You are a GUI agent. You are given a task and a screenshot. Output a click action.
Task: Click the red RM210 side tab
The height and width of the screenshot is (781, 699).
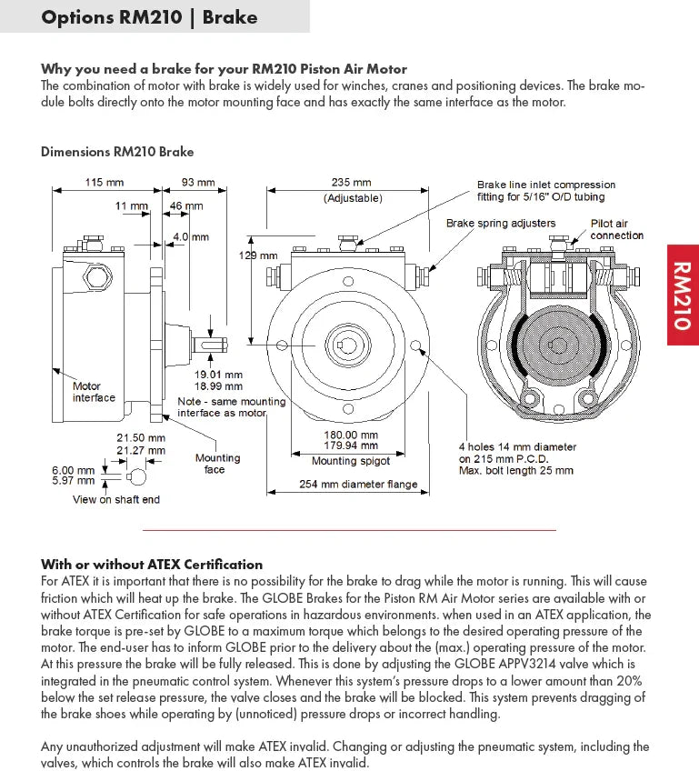click(x=683, y=295)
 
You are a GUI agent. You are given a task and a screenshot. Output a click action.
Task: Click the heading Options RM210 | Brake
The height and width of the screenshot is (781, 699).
click(x=149, y=16)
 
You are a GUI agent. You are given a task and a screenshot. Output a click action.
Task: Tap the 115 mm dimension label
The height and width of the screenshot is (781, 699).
click(x=105, y=182)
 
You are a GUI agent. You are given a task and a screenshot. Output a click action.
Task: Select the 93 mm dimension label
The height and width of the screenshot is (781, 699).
click(x=198, y=182)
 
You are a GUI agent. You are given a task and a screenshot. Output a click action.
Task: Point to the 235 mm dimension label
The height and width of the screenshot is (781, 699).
click(x=352, y=182)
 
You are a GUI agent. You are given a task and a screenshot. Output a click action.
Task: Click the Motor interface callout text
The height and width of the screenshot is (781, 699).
click(x=94, y=392)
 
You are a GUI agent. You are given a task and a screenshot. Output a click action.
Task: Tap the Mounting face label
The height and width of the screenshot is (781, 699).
click(x=217, y=464)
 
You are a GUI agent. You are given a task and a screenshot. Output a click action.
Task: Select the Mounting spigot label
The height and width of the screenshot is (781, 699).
click(x=351, y=461)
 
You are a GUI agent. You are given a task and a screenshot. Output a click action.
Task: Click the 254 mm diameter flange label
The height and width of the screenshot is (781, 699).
click(x=358, y=485)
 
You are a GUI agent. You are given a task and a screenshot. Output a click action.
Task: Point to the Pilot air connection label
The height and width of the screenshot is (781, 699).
click(x=616, y=229)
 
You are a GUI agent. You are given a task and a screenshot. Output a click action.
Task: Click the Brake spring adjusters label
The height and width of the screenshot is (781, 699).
click(x=500, y=223)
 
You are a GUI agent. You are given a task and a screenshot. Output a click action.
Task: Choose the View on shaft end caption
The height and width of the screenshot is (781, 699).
click(x=115, y=499)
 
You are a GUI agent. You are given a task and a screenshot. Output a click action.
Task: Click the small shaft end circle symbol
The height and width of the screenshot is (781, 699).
click(x=136, y=476)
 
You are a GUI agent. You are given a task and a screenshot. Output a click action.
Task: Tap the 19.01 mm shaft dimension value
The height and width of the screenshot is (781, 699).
click(x=218, y=374)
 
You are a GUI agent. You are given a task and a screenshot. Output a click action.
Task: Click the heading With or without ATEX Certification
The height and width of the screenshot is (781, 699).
click(x=152, y=564)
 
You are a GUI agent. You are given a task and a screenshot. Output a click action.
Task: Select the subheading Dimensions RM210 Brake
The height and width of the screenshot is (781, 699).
click(x=117, y=152)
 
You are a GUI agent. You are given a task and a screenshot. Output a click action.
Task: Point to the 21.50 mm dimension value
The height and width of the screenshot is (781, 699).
click(x=141, y=437)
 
